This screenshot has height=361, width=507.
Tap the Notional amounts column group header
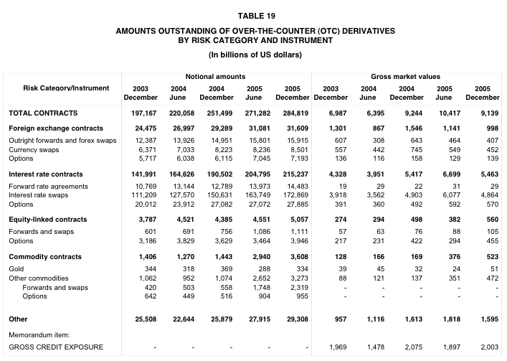click(x=215, y=76)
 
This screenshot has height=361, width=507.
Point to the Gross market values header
click(x=406, y=76)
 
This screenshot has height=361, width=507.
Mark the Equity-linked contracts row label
click(x=57, y=220)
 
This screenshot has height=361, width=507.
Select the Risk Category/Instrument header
click(x=66, y=88)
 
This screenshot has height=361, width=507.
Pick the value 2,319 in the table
click(x=296, y=286)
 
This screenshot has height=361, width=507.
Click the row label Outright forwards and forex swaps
click(x=62, y=140)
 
